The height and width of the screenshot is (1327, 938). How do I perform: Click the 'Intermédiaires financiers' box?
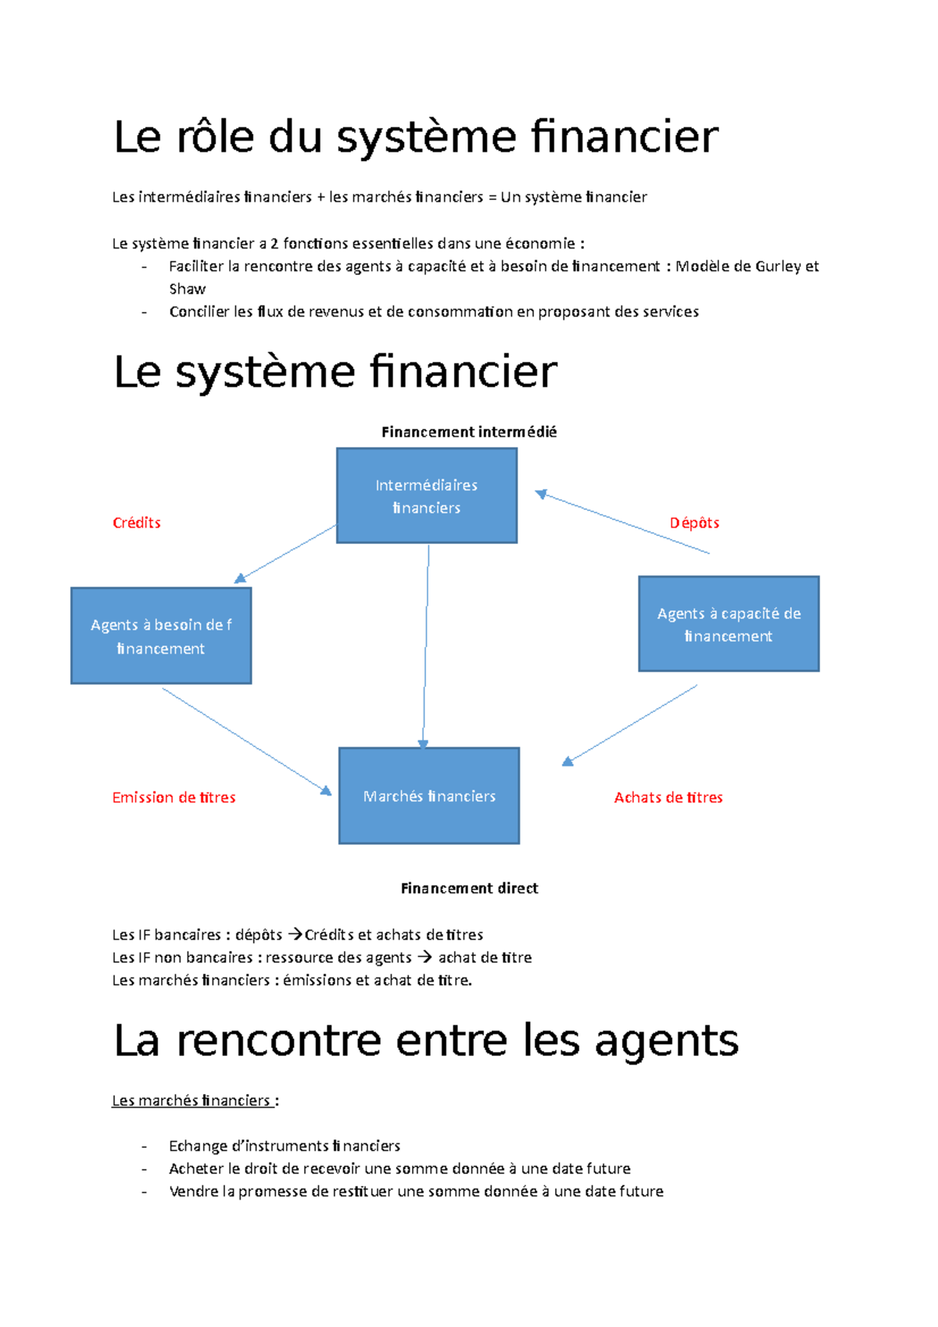(427, 495)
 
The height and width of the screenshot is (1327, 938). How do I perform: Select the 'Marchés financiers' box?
(429, 796)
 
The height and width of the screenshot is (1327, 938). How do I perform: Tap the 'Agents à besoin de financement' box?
(161, 636)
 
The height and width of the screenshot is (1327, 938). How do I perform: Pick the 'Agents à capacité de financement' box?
(729, 624)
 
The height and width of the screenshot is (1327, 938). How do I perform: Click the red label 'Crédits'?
(137, 523)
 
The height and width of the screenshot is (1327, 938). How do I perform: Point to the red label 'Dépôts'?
(694, 523)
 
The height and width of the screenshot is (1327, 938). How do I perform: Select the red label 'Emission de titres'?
(174, 797)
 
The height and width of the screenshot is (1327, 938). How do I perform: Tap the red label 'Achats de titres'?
(668, 797)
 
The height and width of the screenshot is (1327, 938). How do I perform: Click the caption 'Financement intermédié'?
(469, 431)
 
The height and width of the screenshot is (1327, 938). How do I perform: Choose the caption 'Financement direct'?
(469, 888)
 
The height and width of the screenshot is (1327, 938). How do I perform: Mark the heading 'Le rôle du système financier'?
(416, 137)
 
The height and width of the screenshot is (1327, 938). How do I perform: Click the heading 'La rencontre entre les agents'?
(426, 1040)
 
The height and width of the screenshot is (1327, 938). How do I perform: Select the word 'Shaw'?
(188, 289)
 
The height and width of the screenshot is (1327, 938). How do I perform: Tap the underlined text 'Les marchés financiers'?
(192, 1100)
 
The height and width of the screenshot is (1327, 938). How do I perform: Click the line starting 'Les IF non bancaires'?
(321, 957)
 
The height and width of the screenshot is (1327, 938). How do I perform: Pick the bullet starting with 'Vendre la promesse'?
(416, 1191)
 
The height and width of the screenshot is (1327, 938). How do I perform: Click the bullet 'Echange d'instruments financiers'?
(285, 1146)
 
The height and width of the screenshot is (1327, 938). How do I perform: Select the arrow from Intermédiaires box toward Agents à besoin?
(285, 554)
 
